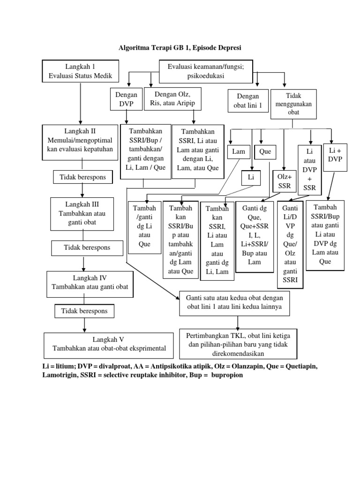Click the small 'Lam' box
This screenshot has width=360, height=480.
[x=239, y=152]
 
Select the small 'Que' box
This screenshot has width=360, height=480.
[x=265, y=152]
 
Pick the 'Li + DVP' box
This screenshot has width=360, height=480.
[x=335, y=155]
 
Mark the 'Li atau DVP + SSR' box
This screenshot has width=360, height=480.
[x=310, y=169]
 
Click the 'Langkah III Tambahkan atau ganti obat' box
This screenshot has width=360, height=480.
[x=82, y=213]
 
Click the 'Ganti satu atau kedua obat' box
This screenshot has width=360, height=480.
[x=238, y=303]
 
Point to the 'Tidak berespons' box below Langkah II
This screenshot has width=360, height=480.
[x=83, y=177]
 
